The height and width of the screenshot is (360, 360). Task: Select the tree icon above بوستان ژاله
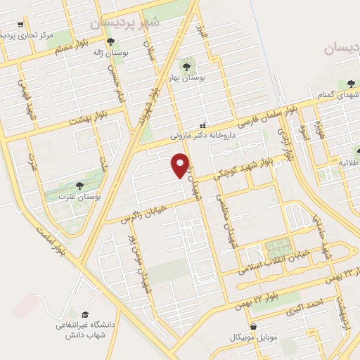[110, 41]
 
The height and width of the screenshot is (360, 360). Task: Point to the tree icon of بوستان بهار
[187, 67]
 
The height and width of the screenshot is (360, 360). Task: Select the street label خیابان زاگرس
[150, 207]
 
